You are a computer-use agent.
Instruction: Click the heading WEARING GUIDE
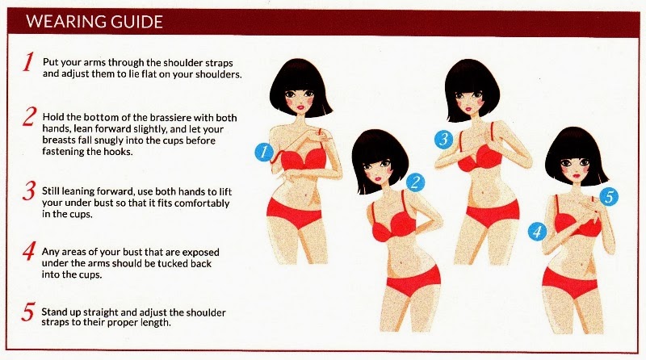click(94, 22)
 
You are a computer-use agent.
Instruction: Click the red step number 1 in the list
click(28, 62)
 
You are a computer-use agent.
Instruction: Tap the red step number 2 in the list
click(29, 116)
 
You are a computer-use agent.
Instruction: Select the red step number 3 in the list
click(29, 191)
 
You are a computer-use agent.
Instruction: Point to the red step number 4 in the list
click(29, 251)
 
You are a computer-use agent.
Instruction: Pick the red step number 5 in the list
click(28, 312)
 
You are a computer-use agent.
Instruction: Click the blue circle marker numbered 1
click(264, 152)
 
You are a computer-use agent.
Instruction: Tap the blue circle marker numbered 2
click(415, 182)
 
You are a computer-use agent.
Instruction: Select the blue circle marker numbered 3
click(443, 139)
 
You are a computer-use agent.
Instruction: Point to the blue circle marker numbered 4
click(537, 232)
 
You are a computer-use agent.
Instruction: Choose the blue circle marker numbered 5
click(609, 196)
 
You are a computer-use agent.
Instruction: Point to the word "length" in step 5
click(155, 322)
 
